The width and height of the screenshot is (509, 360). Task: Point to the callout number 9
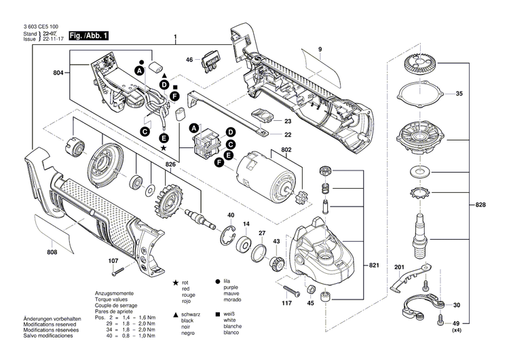(x=319, y=49)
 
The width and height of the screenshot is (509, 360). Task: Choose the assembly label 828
(x=480, y=204)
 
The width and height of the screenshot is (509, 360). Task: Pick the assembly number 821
(x=373, y=264)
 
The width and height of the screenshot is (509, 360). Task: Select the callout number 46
(x=189, y=60)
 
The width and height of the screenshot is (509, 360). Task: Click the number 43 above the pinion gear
(x=276, y=242)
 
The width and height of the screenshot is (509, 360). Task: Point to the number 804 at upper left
(x=60, y=72)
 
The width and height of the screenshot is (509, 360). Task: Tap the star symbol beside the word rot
(x=176, y=281)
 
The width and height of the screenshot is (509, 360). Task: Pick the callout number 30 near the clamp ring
(x=456, y=305)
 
